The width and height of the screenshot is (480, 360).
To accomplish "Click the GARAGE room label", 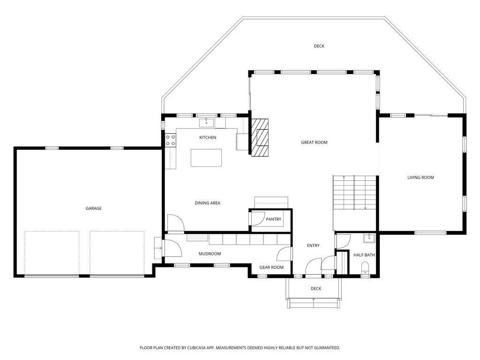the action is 94,209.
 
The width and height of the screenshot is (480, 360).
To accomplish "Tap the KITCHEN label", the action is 208,138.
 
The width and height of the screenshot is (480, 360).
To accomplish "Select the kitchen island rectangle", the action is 206,157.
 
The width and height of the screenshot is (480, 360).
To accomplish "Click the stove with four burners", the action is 171,141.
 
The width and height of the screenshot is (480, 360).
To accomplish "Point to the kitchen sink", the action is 207,123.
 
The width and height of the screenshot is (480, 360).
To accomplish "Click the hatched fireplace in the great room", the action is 260,137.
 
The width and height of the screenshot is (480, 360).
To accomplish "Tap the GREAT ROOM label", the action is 314,142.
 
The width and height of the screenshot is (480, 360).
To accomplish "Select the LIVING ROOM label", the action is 420,178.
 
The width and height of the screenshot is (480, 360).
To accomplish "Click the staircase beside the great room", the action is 354,193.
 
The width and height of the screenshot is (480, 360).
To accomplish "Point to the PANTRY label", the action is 273,219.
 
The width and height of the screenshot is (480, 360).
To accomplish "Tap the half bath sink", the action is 369,238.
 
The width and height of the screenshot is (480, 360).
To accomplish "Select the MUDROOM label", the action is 210,254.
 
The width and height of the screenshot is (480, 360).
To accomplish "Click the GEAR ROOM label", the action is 271,267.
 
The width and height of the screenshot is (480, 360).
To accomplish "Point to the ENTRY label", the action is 313,246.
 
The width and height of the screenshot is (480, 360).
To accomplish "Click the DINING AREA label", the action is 208,203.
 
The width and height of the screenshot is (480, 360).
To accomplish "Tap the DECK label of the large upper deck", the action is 319,46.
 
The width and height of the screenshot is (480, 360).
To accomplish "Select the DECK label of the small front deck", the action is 316,289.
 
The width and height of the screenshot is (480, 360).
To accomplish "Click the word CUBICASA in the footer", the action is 198,348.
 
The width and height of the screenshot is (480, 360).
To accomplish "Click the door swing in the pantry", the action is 259,218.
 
